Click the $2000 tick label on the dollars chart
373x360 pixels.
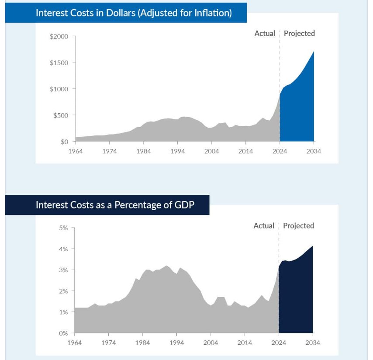click(59, 36)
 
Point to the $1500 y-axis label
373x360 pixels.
click(59, 63)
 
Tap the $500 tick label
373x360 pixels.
click(61, 115)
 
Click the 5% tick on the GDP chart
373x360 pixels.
click(64, 228)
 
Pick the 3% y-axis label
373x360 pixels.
click(64, 270)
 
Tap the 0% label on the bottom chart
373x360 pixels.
click(64, 333)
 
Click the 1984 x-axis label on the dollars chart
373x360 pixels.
click(143, 151)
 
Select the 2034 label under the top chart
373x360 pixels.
click(314, 151)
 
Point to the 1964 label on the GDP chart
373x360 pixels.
click(74, 343)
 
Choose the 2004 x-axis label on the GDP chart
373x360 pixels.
click(211, 343)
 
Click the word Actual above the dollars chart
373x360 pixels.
click(265, 34)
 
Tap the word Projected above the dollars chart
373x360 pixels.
click(299, 34)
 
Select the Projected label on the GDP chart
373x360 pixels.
click(298, 226)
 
